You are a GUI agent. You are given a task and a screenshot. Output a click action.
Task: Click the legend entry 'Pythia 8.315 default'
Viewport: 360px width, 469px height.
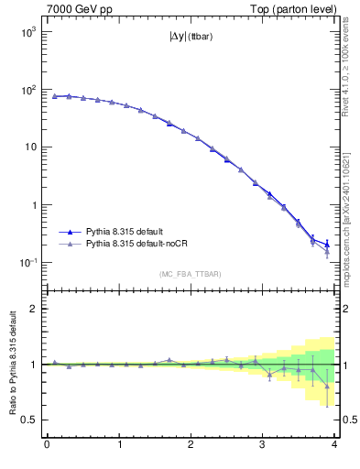coord(128,233)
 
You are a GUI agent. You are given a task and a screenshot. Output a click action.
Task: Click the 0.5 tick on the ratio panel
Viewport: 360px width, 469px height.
coord(30,420)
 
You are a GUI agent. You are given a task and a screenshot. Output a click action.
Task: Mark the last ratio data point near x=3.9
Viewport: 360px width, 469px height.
coord(327,386)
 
